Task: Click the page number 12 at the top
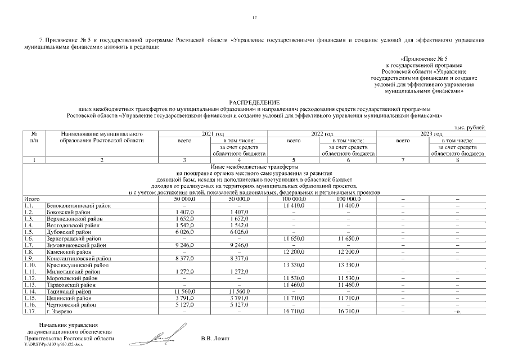[x=254, y=18]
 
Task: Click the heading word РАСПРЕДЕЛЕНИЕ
[x=254, y=101]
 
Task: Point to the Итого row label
[x=31, y=199]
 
